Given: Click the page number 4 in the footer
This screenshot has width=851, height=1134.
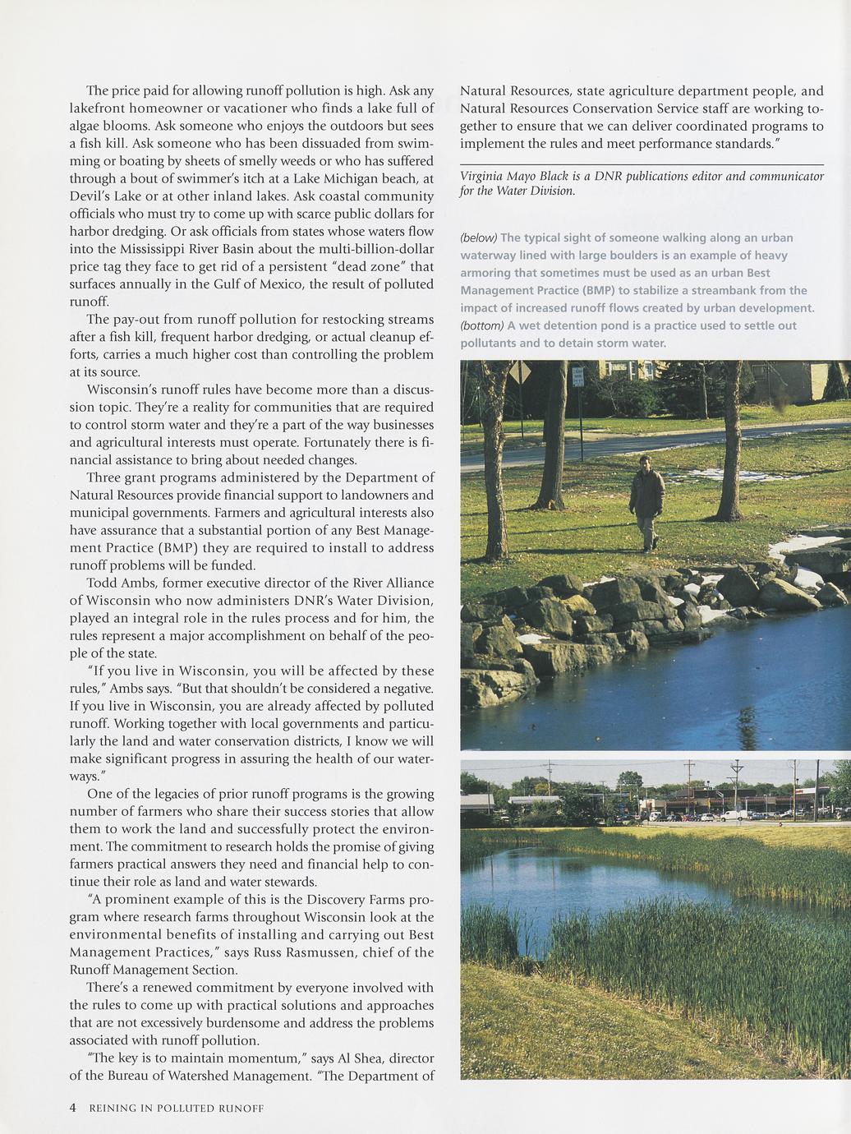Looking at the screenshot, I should point(72,1108).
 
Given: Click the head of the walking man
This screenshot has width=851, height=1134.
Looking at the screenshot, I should point(645,463).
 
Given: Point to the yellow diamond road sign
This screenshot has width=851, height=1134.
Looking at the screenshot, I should point(519,373).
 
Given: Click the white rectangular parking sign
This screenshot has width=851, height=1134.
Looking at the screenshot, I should point(578,377).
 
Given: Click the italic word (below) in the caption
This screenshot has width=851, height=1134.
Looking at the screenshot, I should point(479,238).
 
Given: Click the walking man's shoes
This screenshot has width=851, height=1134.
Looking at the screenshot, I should point(649,548).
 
